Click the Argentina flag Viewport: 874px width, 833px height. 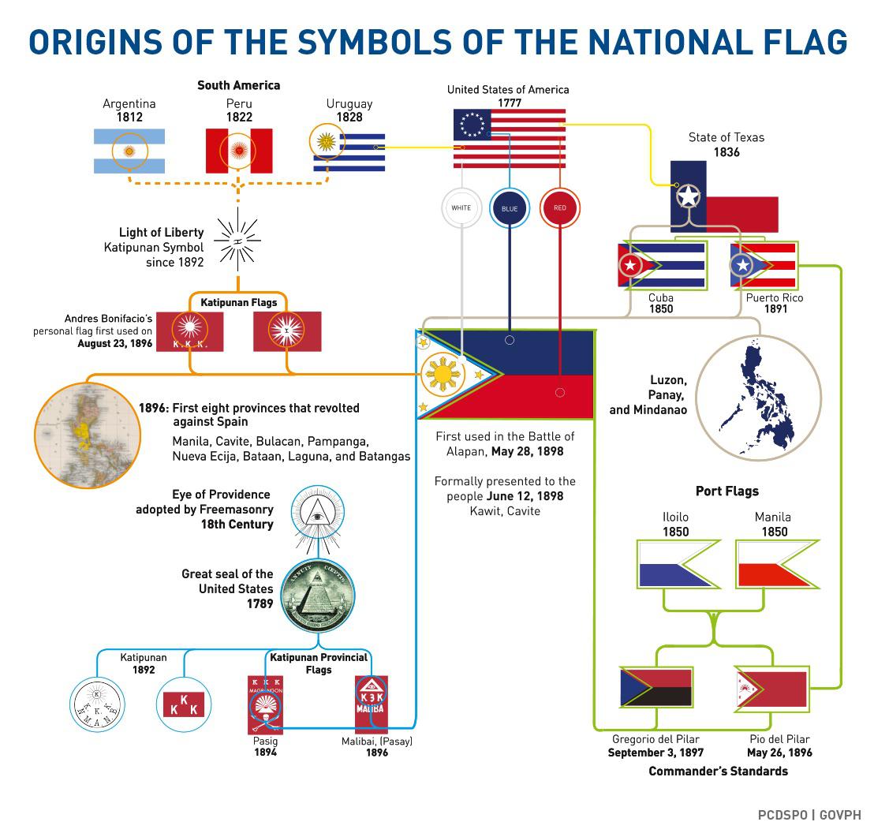coord(129,151)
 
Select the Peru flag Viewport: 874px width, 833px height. coord(238,151)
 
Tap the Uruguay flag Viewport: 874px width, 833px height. coord(349,151)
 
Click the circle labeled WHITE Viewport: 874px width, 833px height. coord(461,208)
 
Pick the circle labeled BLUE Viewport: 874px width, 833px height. coord(510,208)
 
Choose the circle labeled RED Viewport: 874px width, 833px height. coord(560,208)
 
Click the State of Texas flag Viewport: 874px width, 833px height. coord(723,196)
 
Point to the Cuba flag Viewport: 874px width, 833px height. coord(661,265)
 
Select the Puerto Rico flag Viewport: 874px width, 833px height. coord(763,265)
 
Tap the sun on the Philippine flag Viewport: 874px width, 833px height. coord(443,374)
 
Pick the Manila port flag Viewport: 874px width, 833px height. coord(777,564)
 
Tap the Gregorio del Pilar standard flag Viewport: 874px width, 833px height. coord(656,687)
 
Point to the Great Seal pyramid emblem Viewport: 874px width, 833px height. coord(318,595)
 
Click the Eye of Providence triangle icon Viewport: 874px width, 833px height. coord(319,513)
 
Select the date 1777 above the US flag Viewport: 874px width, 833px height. coord(509,103)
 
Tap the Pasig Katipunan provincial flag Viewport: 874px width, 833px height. coord(265,703)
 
